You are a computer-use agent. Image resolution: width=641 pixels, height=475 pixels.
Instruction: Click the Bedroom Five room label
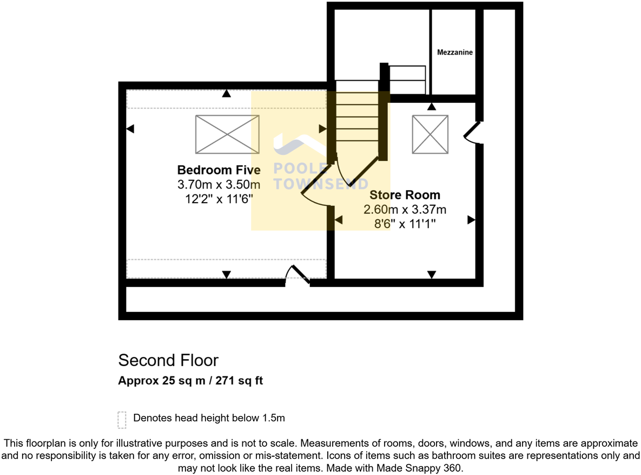tap(219, 170)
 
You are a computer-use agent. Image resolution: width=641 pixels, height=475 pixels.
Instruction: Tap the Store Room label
tap(405, 195)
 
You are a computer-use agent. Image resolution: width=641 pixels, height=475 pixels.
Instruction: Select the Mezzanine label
tap(455, 53)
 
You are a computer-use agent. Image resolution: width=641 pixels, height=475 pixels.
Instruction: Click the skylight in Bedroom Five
tap(227, 134)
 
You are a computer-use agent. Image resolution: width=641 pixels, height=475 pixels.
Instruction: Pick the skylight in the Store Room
tap(430, 134)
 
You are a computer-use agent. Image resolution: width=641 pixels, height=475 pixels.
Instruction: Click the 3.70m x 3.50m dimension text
tap(219, 185)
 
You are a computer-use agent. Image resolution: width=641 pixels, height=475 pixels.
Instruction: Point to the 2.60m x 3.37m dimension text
tap(405, 210)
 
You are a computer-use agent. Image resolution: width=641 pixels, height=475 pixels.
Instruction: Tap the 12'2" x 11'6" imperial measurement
tap(219, 199)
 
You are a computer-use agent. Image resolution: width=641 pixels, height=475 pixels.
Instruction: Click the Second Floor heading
tap(168, 360)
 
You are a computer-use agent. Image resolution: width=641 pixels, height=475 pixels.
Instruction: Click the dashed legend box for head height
tap(122, 419)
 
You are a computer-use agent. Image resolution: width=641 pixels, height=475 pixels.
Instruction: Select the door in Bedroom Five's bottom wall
tap(298, 275)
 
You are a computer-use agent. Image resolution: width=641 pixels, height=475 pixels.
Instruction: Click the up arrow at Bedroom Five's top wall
tap(226, 94)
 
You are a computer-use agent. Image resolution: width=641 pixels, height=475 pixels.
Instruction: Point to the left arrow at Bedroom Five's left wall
tap(130, 129)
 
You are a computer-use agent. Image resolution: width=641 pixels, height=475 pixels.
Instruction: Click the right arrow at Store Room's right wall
tap(471, 220)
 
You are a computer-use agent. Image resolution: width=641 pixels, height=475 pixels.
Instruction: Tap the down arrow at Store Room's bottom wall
tap(431, 275)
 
